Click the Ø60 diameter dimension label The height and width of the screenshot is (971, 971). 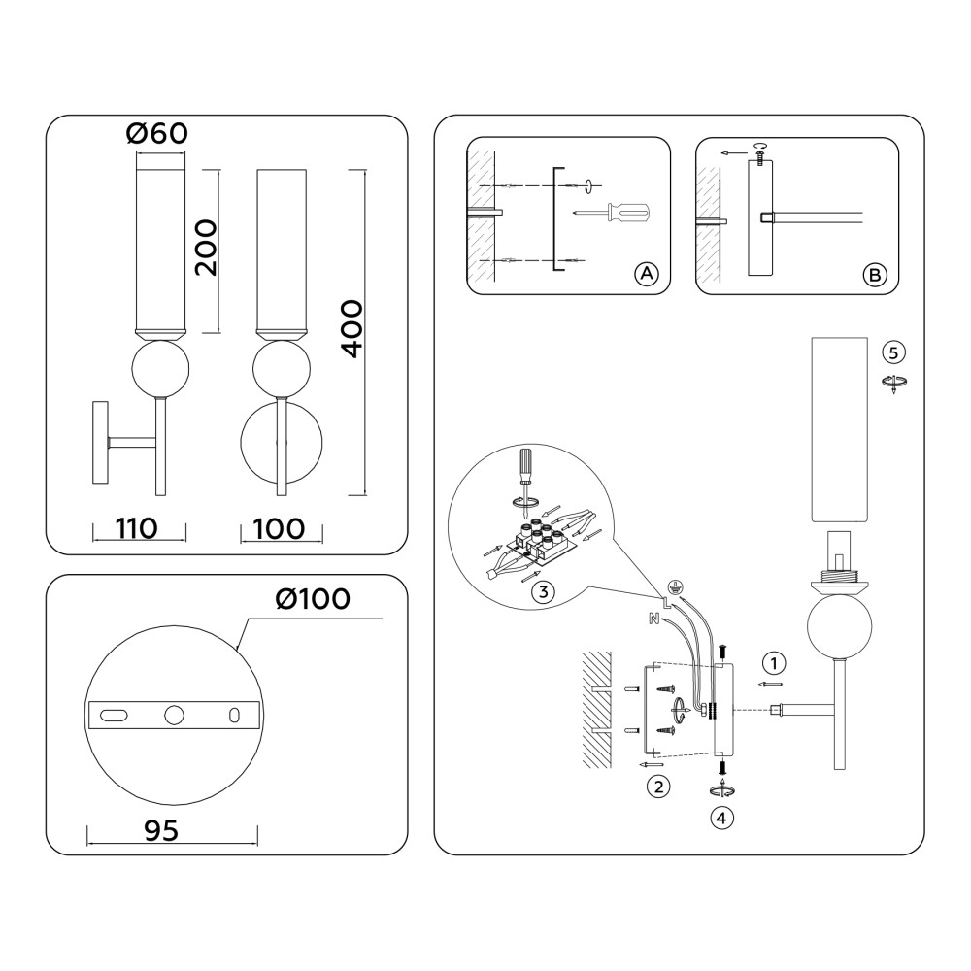click(156, 133)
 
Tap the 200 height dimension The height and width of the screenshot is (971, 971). click(206, 248)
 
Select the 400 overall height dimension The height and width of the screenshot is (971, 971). click(352, 329)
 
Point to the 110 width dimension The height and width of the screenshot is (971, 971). click(136, 528)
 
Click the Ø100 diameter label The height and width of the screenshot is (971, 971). click(313, 598)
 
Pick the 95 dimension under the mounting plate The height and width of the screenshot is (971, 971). click(161, 830)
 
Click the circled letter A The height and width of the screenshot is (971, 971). click(647, 273)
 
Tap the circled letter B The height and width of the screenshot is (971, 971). click(875, 275)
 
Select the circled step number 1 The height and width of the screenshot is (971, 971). click(774, 663)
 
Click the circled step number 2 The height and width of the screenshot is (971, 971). click(658, 787)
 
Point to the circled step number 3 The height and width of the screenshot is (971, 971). click(543, 591)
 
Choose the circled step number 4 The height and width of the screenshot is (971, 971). click(720, 818)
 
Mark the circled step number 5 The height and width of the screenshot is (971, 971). click(893, 352)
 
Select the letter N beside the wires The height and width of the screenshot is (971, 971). click(653, 618)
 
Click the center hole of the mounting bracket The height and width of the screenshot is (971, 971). click(174, 716)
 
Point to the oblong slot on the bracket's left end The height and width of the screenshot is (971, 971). click(114, 716)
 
